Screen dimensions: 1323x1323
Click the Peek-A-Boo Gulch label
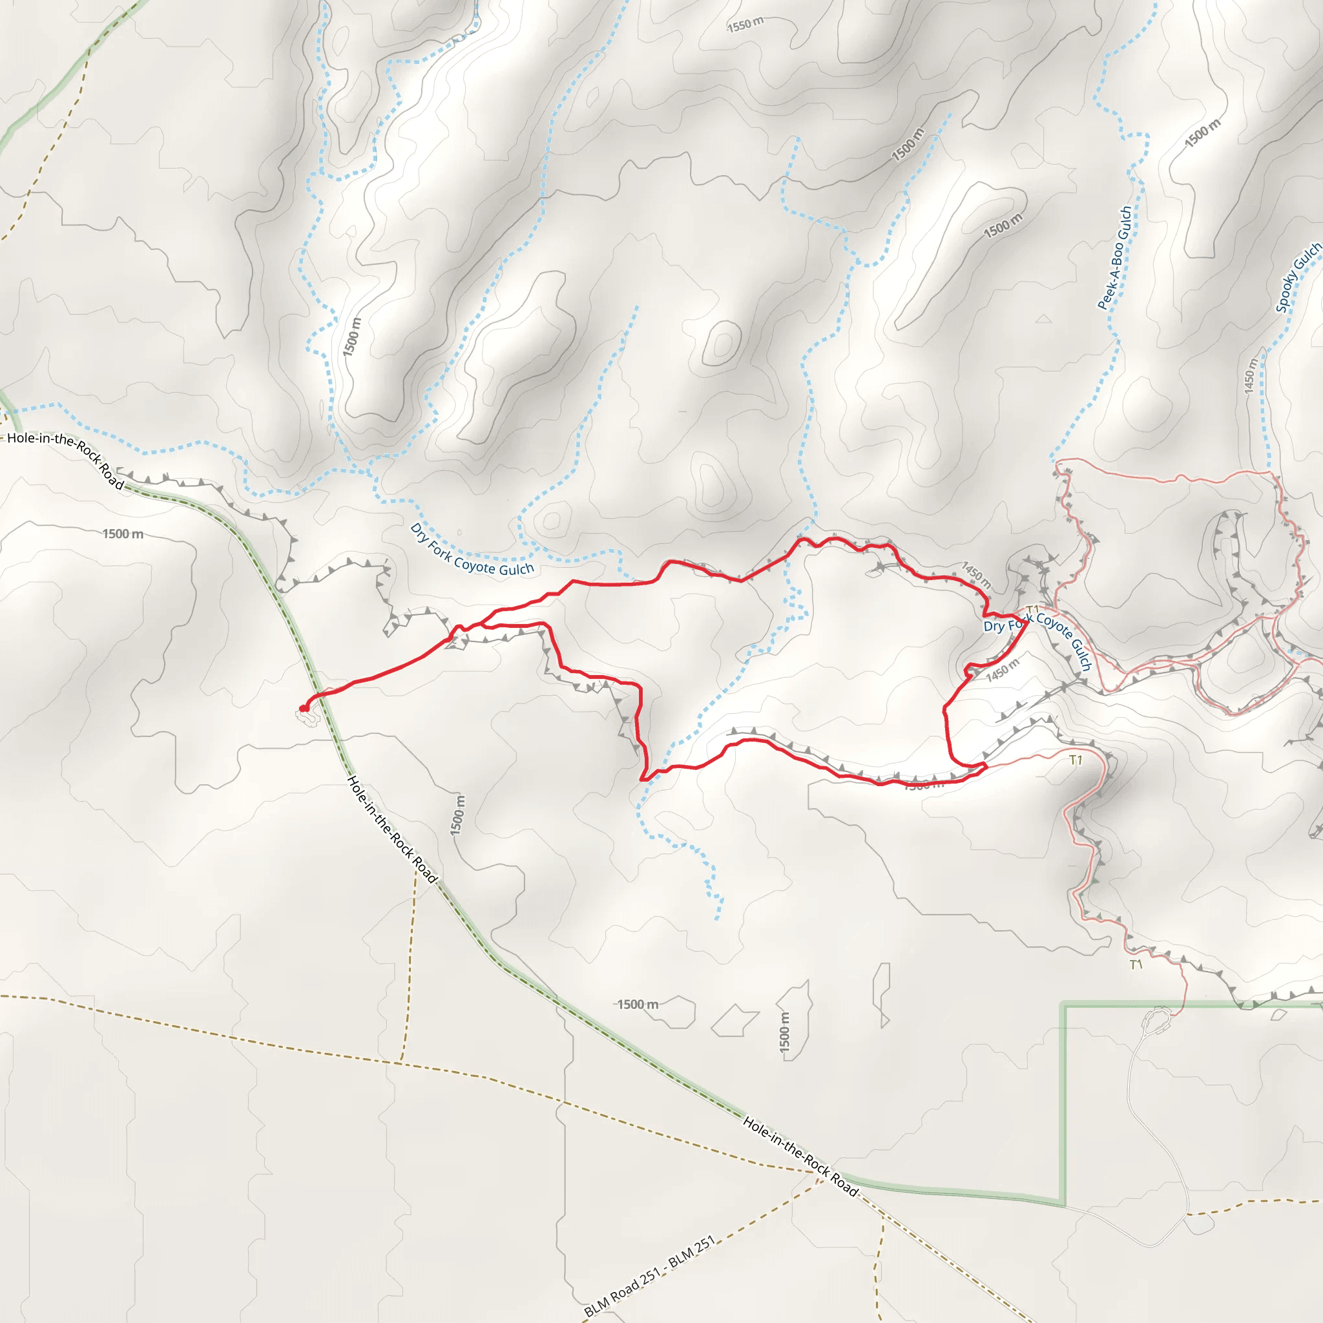pyautogui.click(x=1115, y=259)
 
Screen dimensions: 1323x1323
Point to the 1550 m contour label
pyautogui.click(x=745, y=25)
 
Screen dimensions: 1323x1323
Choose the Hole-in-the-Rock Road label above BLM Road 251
pyautogui.click(x=800, y=1156)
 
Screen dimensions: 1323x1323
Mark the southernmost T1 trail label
pyautogui.click(x=1136, y=965)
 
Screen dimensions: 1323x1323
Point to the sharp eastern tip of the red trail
pyautogui.click(x=1027, y=620)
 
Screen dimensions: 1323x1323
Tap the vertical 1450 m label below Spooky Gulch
pyautogui.click(x=1250, y=376)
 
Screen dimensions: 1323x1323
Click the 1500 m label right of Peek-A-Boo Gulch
pyautogui.click(x=1202, y=133)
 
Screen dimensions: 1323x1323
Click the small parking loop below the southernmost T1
pyautogui.click(x=1159, y=1019)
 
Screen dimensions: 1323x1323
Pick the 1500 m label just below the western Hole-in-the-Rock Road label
pyautogui.click(x=123, y=534)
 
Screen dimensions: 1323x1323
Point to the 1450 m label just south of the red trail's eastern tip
pyautogui.click(x=1003, y=669)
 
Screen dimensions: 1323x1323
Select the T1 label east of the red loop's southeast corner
pyautogui.click(x=1076, y=760)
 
